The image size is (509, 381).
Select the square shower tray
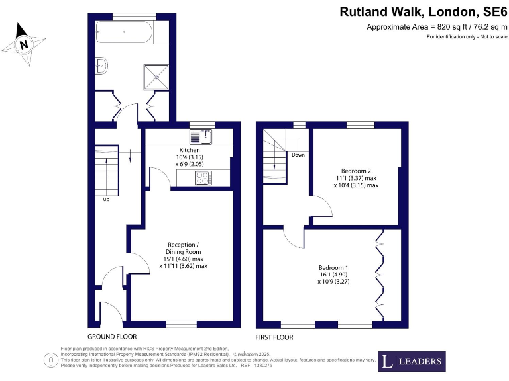(x=157, y=75)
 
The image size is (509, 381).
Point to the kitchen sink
(x=200, y=137)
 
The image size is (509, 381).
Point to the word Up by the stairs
(x=106, y=199)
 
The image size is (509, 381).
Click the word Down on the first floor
(x=298, y=155)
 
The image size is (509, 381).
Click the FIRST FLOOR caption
(x=274, y=337)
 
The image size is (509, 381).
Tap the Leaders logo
(x=411, y=361)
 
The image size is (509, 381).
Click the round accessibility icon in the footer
(x=50, y=360)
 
